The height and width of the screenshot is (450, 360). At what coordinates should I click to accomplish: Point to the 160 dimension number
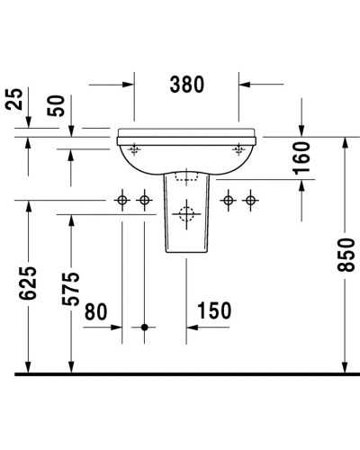[x=301, y=158]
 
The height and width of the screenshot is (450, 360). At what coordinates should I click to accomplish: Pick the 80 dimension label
[x=97, y=310]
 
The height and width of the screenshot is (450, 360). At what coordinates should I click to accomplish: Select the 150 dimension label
[x=212, y=310]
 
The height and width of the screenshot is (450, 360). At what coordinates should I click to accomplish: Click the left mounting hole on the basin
[x=135, y=148]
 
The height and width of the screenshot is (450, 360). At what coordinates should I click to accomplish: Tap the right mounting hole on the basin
[x=238, y=148]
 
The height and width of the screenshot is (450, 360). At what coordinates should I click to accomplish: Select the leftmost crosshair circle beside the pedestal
[x=122, y=200]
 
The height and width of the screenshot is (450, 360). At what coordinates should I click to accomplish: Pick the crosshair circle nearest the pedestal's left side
[x=143, y=200]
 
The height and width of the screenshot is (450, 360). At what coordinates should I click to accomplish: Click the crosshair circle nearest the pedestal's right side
[x=229, y=200]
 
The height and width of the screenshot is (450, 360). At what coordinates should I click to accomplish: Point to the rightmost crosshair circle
[x=250, y=200]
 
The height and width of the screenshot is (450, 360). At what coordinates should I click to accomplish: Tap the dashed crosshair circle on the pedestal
[x=186, y=214]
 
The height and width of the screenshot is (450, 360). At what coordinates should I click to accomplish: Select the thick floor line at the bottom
[x=180, y=373]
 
